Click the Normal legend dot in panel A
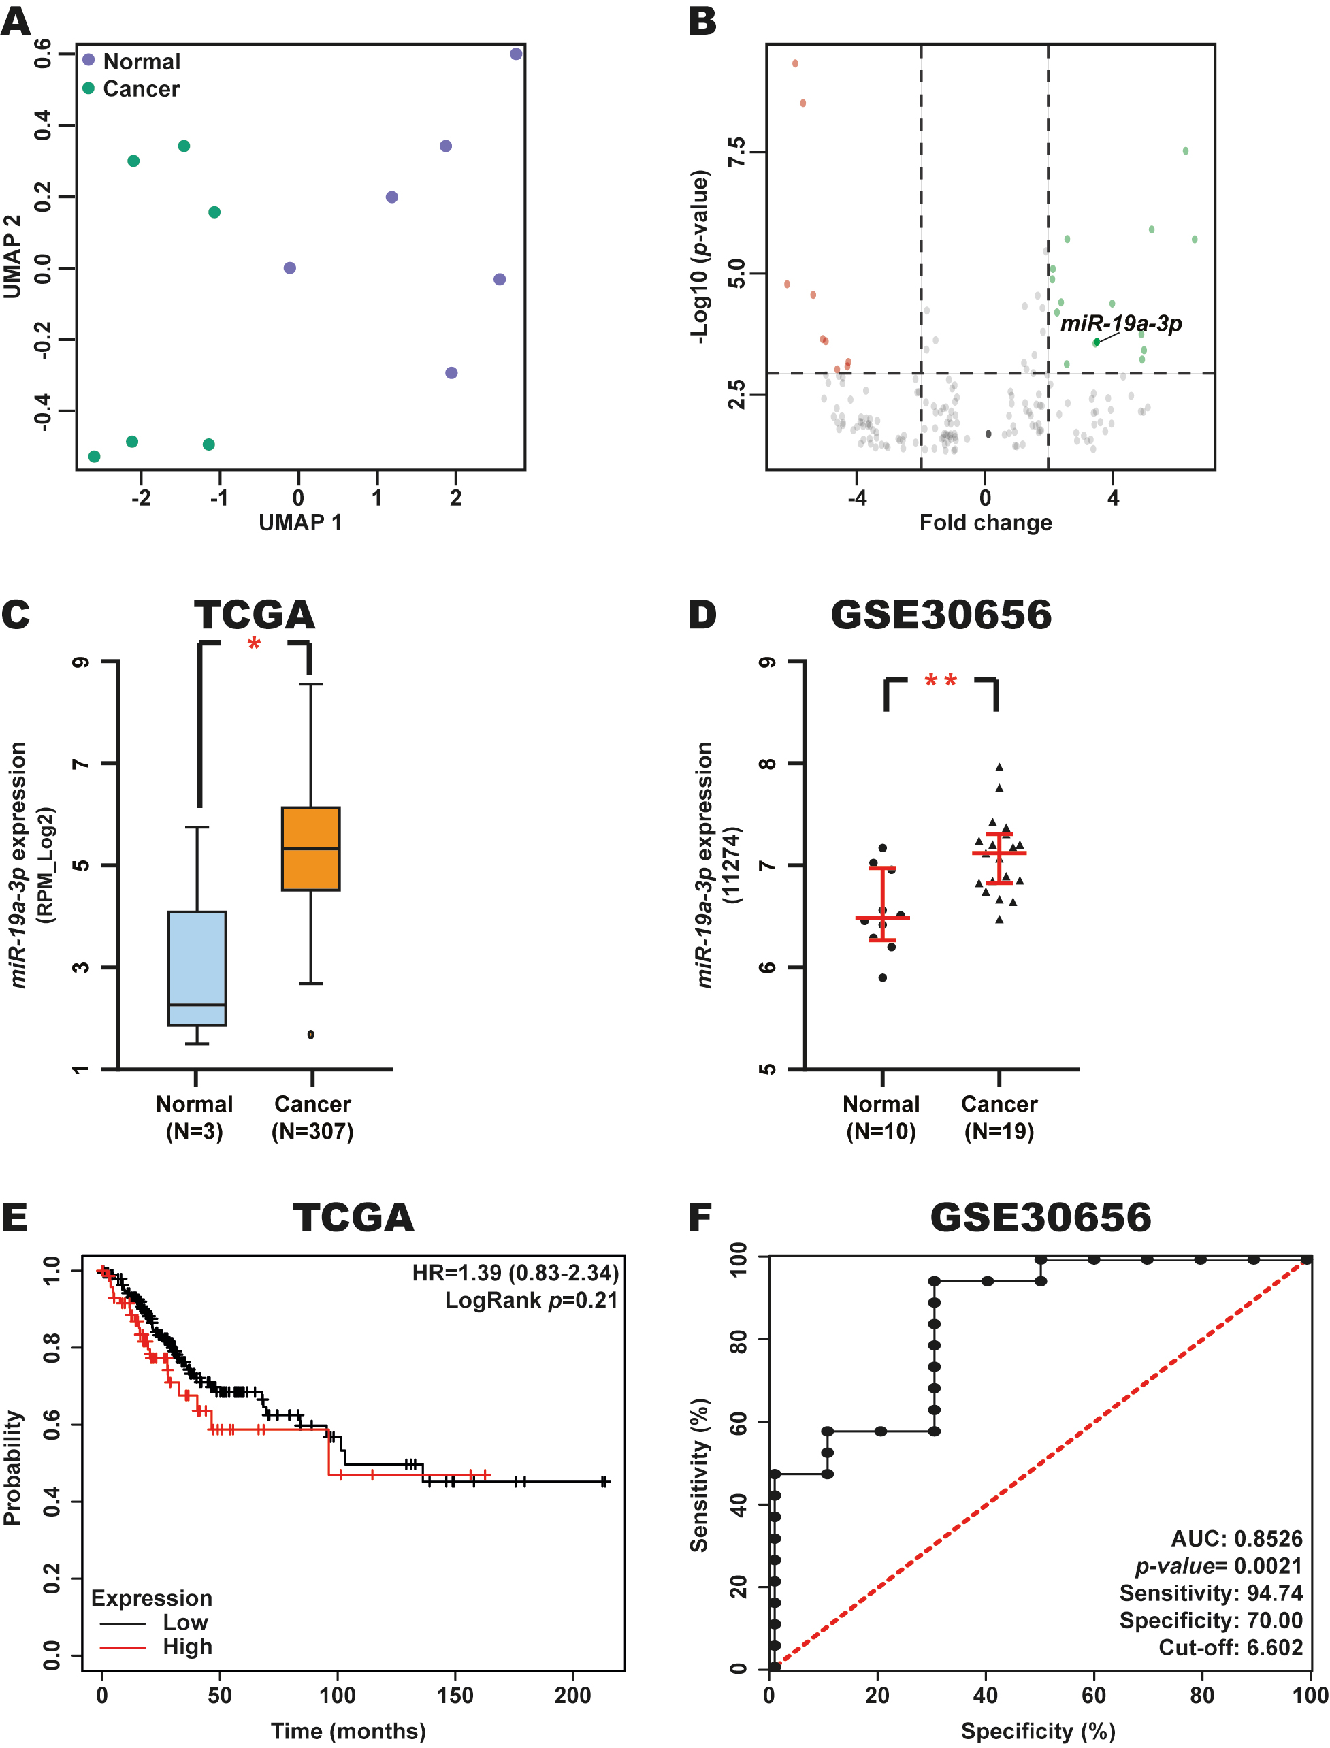(88, 60)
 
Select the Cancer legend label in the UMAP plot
(141, 88)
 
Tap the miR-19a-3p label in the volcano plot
(1121, 323)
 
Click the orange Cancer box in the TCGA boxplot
(311, 849)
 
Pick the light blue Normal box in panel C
(197, 968)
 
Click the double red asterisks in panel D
(941, 681)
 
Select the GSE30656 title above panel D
(941, 615)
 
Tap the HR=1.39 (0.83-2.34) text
(515, 1273)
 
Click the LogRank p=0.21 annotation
(531, 1301)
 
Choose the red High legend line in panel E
(123, 1648)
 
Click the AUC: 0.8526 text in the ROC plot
(1237, 1539)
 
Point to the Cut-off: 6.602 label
(1230, 1648)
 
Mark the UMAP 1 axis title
(300, 523)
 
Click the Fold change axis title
(986, 523)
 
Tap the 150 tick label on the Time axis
(455, 1696)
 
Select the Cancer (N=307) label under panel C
(312, 1118)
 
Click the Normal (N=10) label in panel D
(881, 1118)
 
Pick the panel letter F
(699, 1218)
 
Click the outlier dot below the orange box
(310, 1035)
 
